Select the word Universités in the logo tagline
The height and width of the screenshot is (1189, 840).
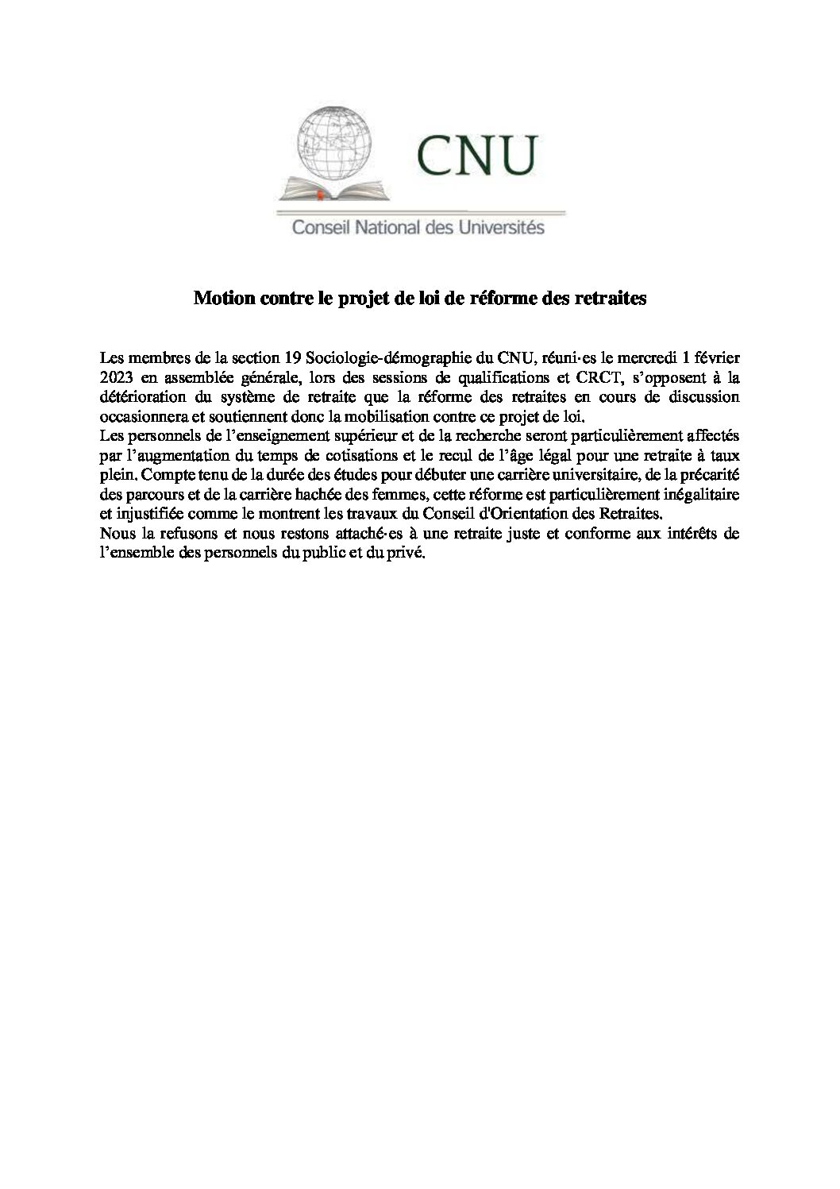[x=499, y=228]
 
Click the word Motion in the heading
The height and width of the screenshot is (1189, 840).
[x=220, y=299]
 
